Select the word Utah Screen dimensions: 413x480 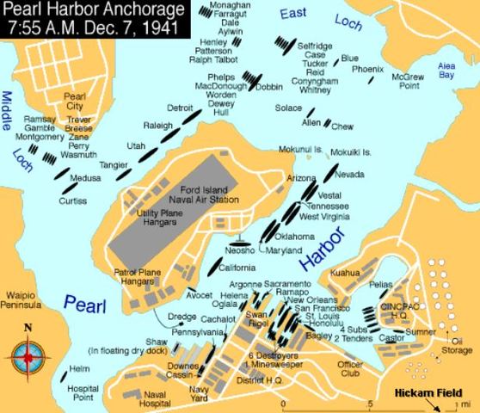coord(136,147)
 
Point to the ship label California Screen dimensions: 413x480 coord(236,268)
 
